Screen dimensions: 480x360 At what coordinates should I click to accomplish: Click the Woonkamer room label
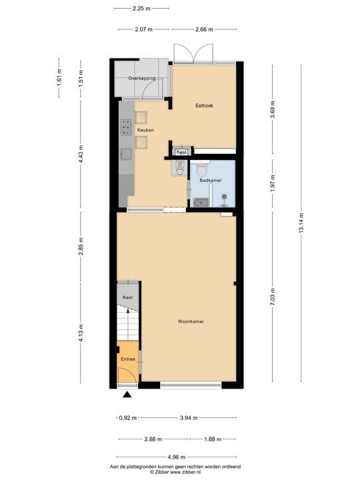tap(191, 321)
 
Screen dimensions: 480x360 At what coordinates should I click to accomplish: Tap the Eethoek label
tap(204, 106)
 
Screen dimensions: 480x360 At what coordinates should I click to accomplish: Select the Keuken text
tap(145, 130)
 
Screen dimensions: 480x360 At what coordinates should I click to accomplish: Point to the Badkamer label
tap(211, 179)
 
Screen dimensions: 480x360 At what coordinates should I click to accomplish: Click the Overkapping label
tap(141, 78)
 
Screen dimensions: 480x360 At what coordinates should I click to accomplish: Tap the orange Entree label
tap(127, 359)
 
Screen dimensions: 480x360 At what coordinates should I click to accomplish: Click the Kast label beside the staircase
tap(127, 297)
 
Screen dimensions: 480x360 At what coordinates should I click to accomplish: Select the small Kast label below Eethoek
tap(181, 152)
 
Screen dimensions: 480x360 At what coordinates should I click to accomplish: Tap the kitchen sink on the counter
tap(125, 154)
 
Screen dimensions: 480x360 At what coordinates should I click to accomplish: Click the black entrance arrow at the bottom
tap(127, 396)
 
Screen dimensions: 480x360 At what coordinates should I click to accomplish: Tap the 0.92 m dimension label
tap(127, 418)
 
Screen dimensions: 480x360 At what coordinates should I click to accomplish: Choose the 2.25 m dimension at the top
tap(141, 9)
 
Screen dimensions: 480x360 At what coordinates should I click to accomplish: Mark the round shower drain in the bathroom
tap(225, 197)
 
